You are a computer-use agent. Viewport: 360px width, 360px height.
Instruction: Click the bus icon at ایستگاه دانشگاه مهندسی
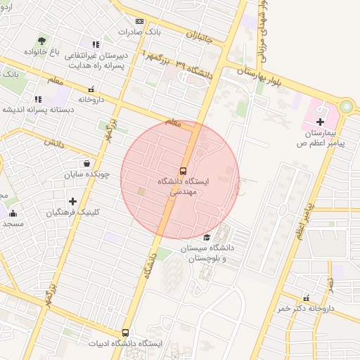[184, 171]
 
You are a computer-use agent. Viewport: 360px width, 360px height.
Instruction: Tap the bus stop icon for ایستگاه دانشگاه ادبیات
[126, 333]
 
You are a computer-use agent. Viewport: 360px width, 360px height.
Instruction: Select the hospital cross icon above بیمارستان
[321, 122]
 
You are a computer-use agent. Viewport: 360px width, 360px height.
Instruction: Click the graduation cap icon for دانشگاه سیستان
[206, 237]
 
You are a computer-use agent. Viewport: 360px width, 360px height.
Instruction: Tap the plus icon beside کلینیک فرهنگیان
[72, 202]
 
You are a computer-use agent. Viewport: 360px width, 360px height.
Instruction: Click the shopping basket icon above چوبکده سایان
[86, 163]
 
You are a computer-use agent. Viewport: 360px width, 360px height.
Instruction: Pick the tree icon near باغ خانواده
[42, 41]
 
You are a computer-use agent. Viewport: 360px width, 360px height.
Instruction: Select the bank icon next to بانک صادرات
[139, 21]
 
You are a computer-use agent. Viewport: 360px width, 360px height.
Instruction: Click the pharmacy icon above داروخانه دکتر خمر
[306, 298]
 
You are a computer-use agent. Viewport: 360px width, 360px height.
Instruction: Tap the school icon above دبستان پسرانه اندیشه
[38, 99]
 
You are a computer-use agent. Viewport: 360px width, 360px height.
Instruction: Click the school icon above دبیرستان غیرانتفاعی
[96, 44]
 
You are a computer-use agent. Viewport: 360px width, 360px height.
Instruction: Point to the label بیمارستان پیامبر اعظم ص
[321, 138]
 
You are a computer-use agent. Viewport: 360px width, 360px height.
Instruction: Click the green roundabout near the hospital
[345, 108]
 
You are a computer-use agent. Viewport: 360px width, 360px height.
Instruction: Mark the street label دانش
[54, 143]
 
